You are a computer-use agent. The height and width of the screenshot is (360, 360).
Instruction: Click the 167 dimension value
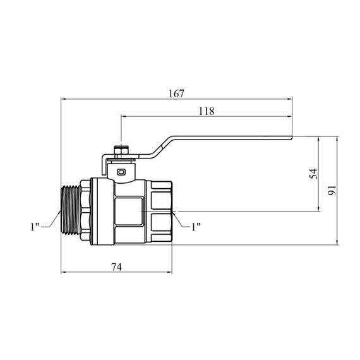pos(176,93)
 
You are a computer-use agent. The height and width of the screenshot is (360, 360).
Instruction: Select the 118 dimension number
pos(207,111)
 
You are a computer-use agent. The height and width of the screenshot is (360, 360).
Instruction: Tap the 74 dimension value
pos(117,267)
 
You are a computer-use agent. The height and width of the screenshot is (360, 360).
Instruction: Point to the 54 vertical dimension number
pos(313,174)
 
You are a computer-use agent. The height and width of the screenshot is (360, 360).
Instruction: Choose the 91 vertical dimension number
pos(332,190)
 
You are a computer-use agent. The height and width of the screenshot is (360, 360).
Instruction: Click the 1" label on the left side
pos(35,227)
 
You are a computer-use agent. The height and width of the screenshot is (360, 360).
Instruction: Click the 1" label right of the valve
pos(196,227)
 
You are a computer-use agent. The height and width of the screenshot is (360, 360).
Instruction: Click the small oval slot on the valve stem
pos(121,172)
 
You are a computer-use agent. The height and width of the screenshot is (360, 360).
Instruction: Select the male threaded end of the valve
pos(71,210)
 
